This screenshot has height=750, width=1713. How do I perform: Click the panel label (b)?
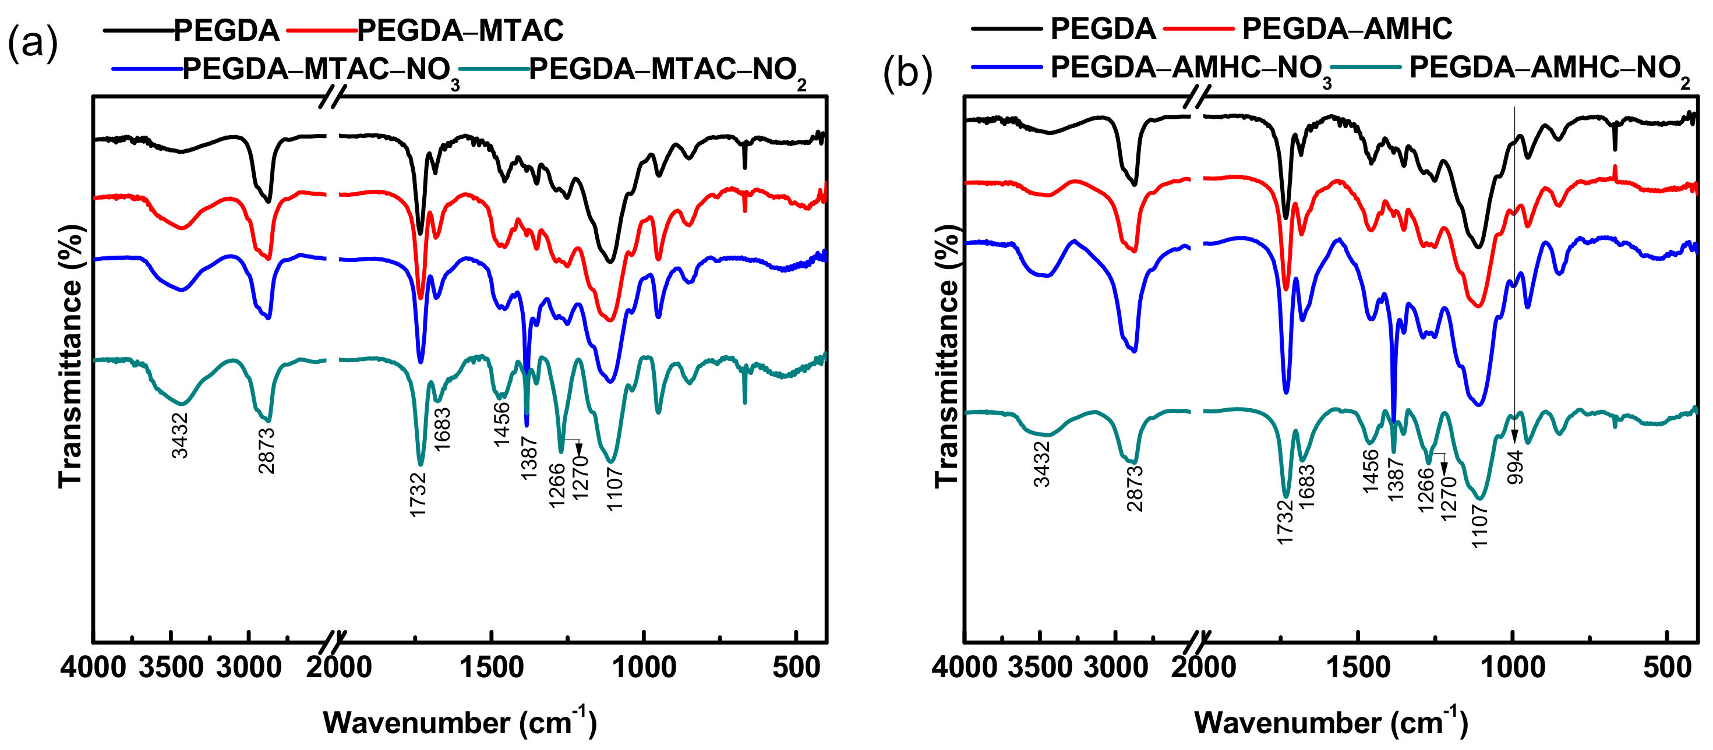907,72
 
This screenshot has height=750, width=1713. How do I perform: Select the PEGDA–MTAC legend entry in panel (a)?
460,31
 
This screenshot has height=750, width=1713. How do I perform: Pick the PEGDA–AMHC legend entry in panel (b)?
1347,29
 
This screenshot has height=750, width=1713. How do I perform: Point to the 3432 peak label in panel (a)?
180,436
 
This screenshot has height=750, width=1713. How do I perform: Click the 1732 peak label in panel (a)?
418,495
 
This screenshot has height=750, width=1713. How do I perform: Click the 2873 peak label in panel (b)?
1135,488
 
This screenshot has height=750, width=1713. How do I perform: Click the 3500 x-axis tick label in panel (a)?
171,667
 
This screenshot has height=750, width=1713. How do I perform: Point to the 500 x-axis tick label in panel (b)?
1667,667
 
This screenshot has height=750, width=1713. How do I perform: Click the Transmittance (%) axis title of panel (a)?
71,356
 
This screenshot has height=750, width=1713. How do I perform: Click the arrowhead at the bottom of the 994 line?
1515,437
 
